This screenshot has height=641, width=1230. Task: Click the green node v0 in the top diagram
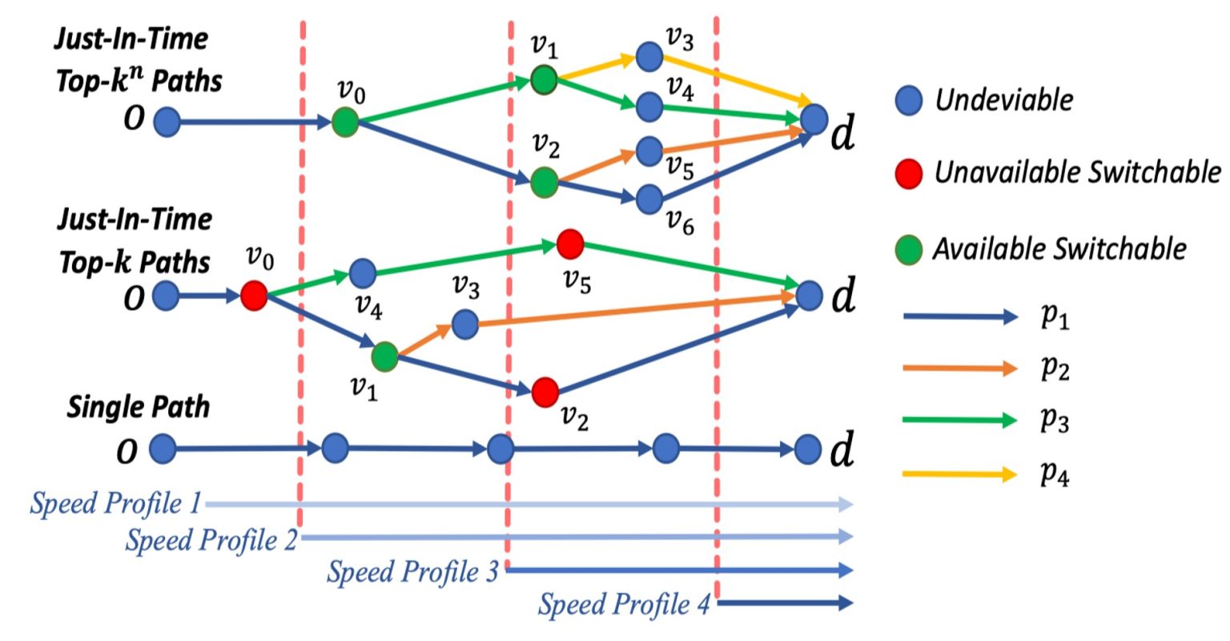coord(345,122)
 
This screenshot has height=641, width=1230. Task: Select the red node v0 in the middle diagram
coord(254,296)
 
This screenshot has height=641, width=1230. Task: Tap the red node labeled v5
coord(569,244)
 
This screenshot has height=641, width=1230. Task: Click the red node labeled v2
coord(545,392)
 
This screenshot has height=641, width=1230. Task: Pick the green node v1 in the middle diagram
coord(385,357)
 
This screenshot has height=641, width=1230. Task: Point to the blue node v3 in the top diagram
coord(649,57)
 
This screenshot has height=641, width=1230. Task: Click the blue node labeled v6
coord(649,199)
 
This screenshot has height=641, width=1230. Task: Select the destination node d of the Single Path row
coord(808,450)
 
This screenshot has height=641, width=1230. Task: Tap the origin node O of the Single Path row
coord(163,449)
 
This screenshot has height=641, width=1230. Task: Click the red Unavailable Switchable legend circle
coord(909,174)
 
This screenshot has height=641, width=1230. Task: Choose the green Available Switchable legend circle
coord(909,249)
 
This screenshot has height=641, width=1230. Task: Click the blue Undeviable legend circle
coord(909,101)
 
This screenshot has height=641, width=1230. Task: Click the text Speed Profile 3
coord(412,572)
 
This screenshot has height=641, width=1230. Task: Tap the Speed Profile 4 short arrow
coord(785,603)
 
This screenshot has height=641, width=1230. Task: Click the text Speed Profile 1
coord(116,504)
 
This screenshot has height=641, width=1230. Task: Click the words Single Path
coord(139,407)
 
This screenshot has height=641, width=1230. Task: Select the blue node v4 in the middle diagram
coord(363,273)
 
